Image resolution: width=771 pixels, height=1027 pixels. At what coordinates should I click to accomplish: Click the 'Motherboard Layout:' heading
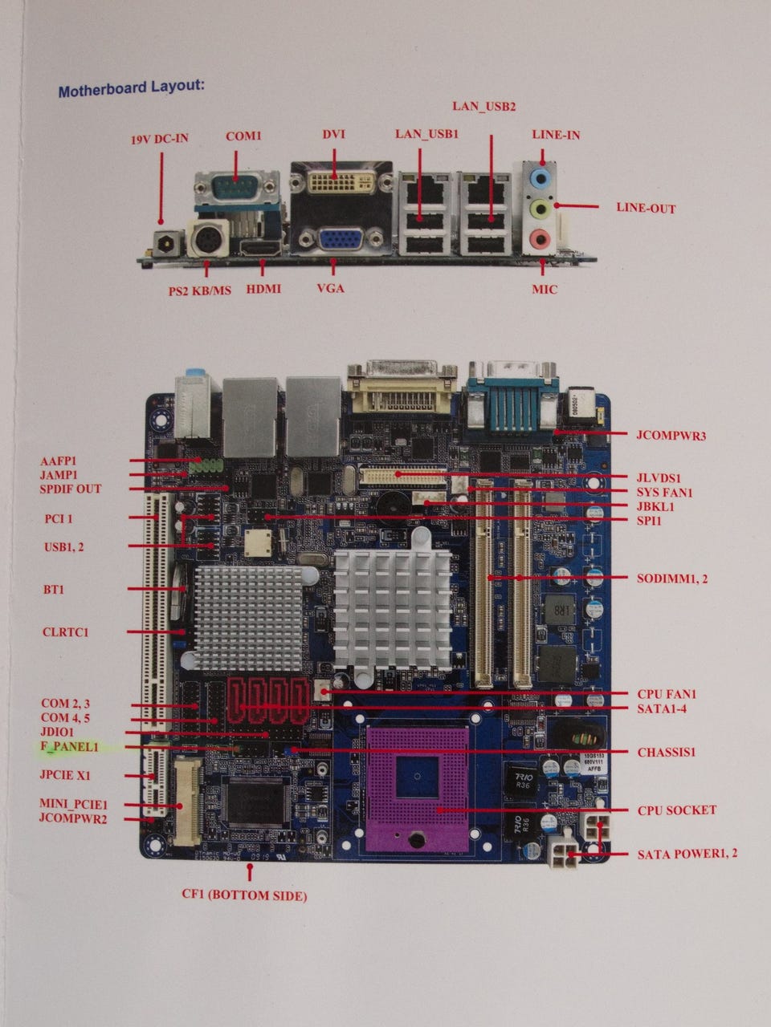(x=131, y=87)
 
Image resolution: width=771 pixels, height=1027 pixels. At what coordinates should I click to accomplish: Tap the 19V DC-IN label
(x=160, y=139)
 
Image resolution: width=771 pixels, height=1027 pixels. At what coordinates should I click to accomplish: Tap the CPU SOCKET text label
(x=676, y=810)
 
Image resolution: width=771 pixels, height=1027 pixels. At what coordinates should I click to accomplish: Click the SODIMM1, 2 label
(x=673, y=578)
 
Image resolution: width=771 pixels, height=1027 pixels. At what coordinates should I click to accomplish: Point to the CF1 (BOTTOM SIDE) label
(x=244, y=895)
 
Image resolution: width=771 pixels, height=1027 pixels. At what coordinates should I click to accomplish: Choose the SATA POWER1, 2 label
(x=687, y=854)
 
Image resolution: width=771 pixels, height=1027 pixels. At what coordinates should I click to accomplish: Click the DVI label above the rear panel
(x=333, y=134)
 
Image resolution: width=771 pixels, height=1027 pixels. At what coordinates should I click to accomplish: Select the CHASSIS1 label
(x=666, y=753)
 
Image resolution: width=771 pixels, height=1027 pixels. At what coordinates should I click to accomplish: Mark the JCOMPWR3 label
(x=670, y=436)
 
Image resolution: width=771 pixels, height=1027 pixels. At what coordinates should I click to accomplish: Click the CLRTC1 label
(x=65, y=632)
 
